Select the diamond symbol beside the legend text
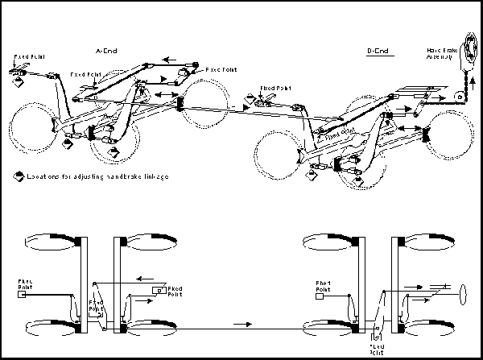tap(19, 175)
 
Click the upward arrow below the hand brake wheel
tap(464, 81)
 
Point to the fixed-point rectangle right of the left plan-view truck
tap(162, 288)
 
